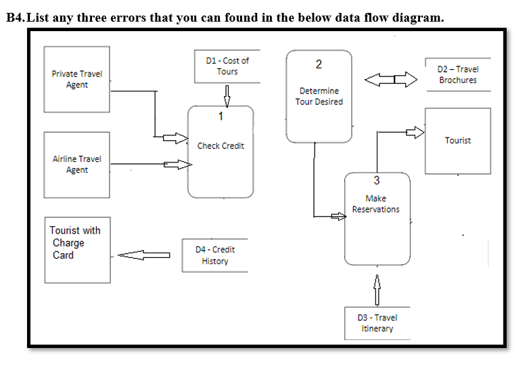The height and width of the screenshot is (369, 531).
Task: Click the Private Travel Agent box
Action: (x=76, y=79)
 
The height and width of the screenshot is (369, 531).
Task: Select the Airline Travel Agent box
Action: (x=76, y=165)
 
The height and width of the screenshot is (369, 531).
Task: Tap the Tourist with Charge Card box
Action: (x=77, y=249)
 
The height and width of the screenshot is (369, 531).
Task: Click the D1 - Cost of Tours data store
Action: (x=227, y=66)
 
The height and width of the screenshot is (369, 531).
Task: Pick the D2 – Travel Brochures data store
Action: (x=457, y=74)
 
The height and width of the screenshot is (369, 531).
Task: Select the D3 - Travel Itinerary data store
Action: (x=377, y=323)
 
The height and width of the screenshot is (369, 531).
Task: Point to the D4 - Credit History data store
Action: (x=214, y=255)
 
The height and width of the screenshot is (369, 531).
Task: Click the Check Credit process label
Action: (x=221, y=146)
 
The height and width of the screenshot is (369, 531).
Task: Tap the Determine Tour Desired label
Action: (x=319, y=96)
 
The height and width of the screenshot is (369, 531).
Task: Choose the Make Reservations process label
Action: (x=375, y=204)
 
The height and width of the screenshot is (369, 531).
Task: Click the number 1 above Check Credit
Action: (x=221, y=116)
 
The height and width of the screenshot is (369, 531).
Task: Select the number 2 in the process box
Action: (x=319, y=65)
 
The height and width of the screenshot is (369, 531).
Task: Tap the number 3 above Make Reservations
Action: (x=377, y=180)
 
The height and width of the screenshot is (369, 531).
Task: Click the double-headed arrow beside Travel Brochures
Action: (x=391, y=80)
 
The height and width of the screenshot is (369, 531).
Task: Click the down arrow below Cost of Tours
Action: (x=227, y=95)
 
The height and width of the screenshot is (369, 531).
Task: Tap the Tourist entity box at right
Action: (x=457, y=141)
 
